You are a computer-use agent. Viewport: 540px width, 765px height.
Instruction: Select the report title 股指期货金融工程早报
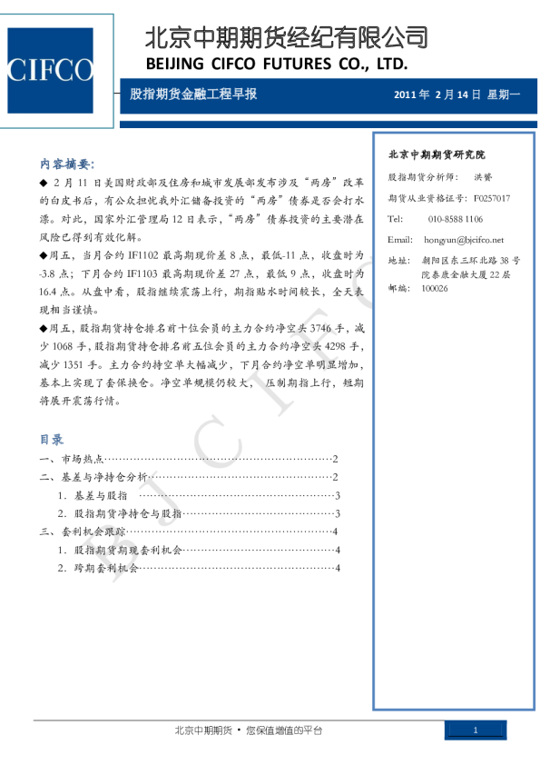click(x=193, y=94)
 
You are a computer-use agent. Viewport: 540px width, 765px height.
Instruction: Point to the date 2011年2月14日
click(x=437, y=94)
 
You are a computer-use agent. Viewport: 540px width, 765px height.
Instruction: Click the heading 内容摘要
click(x=66, y=164)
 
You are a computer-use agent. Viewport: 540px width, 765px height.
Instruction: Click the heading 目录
click(x=51, y=440)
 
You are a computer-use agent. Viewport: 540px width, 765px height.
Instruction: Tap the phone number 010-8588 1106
click(x=455, y=219)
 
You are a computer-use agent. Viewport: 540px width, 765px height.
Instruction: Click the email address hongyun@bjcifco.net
click(x=464, y=239)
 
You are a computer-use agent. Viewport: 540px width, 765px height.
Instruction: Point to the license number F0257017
click(x=491, y=197)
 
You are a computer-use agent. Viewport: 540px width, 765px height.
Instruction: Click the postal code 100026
click(x=435, y=288)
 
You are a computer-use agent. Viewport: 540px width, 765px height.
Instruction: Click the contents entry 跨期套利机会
click(x=105, y=568)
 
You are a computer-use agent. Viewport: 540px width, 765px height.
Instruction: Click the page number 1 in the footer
click(x=476, y=731)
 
